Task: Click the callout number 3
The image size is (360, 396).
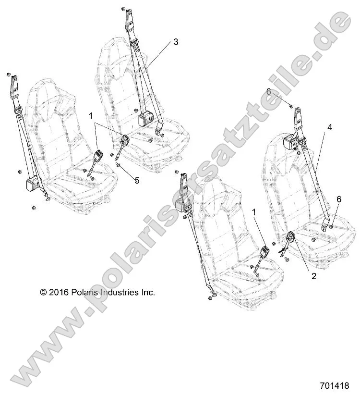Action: click(x=176, y=42)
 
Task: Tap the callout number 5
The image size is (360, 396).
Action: click(x=136, y=181)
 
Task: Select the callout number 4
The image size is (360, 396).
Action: click(x=330, y=128)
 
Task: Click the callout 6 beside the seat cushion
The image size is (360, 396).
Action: click(x=339, y=199)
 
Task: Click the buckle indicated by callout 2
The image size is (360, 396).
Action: click(x=291, y=238)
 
